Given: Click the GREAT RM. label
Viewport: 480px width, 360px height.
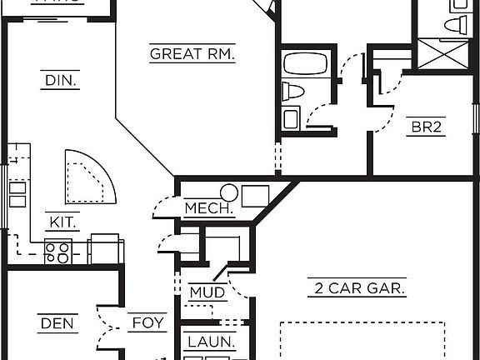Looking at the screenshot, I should (x=192, y=54).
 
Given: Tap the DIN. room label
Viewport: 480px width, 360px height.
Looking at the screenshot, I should (x=59, y=81).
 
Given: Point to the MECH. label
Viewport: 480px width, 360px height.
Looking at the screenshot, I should (x=208, y=208).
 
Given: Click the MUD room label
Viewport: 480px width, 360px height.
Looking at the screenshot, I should (x=207, y=292).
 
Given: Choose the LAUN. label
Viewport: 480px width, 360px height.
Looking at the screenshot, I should (x=211, y=342).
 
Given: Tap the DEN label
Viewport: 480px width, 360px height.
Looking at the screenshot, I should (x=57, y=322).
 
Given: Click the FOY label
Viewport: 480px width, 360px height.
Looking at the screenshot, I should (x=148, y=322).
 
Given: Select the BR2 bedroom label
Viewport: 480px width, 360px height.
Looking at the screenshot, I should (x=425, y=127).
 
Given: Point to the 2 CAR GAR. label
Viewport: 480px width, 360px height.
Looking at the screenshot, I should (x=357, y=289).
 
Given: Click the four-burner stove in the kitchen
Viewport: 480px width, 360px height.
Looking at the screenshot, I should (x=57, y=252).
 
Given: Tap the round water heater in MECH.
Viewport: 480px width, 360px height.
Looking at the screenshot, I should (x=229, y=194).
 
